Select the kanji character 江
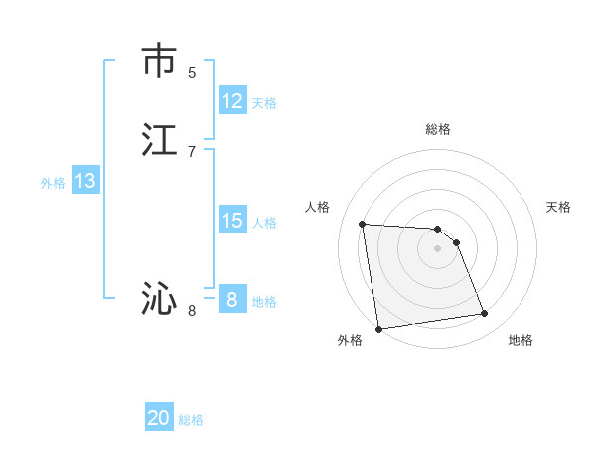159,140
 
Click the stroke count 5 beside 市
192,72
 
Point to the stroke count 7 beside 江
192,151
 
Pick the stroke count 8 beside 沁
192,311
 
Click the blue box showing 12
232,101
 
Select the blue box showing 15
232,221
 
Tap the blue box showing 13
85,181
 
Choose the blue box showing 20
159,418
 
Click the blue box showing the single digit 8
232,300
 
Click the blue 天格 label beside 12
264,103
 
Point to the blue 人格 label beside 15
264,223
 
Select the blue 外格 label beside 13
53,183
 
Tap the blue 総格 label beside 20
191,420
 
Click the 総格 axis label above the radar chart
438,129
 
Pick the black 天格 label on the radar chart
558,207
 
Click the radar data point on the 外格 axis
378,329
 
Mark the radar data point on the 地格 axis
485,314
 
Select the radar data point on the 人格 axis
363,224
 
